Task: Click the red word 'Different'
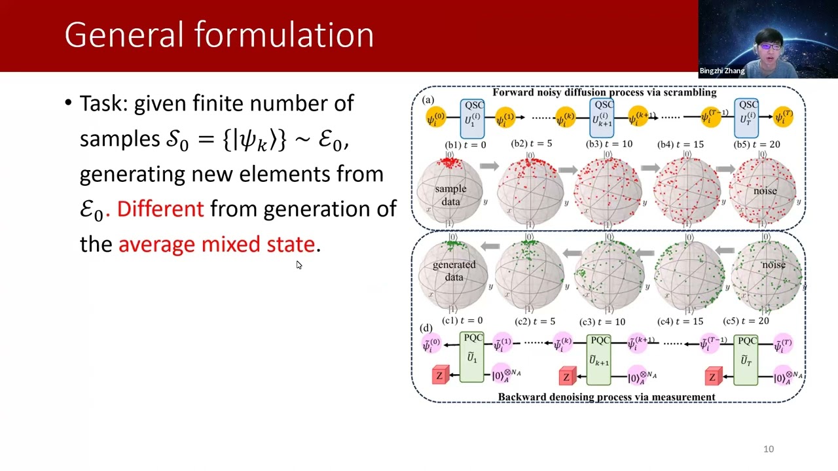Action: coord(160,209)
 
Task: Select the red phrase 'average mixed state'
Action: coord(217,244)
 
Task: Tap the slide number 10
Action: coord(769,449)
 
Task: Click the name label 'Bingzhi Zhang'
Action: coord(721,71)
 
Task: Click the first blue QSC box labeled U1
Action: coord(472,118)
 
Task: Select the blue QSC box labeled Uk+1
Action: coord(601,118)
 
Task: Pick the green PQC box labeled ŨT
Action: coord(746,358)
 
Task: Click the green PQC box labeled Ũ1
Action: coord(472,357)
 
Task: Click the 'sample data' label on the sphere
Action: coord(450,195)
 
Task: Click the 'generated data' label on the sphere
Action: coord(454,271)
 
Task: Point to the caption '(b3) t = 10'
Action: coord(610,144)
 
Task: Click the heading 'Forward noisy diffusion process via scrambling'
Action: coord(604,92)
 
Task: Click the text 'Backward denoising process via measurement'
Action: coord(606,397)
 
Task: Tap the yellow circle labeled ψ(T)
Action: coord(783,117)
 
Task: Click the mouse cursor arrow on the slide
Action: coord(299,264)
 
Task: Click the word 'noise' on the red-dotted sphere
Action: coord(764,191)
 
